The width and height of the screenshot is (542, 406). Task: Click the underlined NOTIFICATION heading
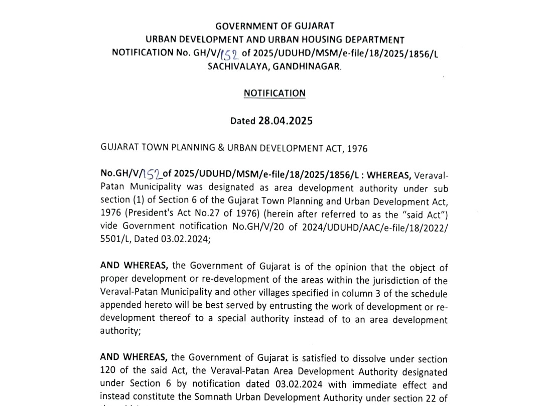[x=275, y=93]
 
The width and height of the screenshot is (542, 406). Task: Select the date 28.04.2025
[x=285, y=121]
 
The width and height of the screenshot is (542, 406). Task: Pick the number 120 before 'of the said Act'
[x=108, y=372]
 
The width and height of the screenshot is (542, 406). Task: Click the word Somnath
[x=208, y=398]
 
